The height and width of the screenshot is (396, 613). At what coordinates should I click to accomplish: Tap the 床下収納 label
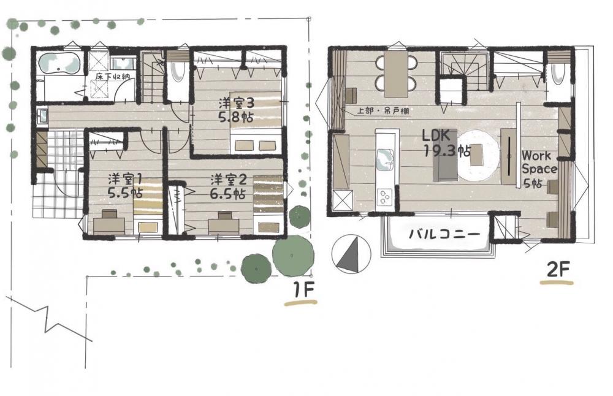113,77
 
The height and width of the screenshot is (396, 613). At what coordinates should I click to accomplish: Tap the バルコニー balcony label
444,235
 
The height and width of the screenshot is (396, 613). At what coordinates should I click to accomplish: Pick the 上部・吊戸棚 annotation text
383,111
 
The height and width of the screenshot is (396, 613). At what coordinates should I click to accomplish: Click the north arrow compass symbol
351,253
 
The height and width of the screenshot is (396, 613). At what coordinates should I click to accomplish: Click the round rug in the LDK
478,155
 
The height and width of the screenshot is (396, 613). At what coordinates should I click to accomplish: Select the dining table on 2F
396,74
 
